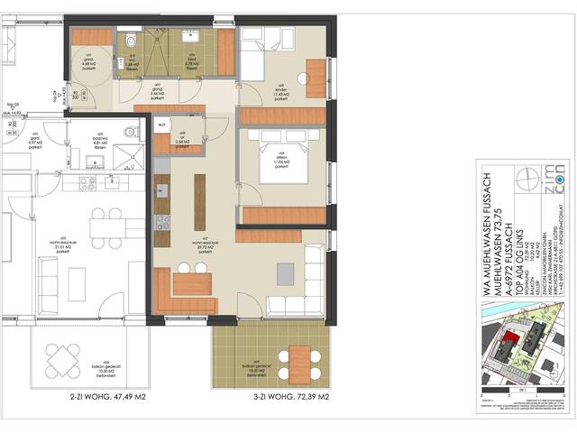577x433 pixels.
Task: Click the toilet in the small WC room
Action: [132, 40]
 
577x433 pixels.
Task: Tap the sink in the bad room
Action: [192, 35]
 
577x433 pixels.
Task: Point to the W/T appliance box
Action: [163, 124]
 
